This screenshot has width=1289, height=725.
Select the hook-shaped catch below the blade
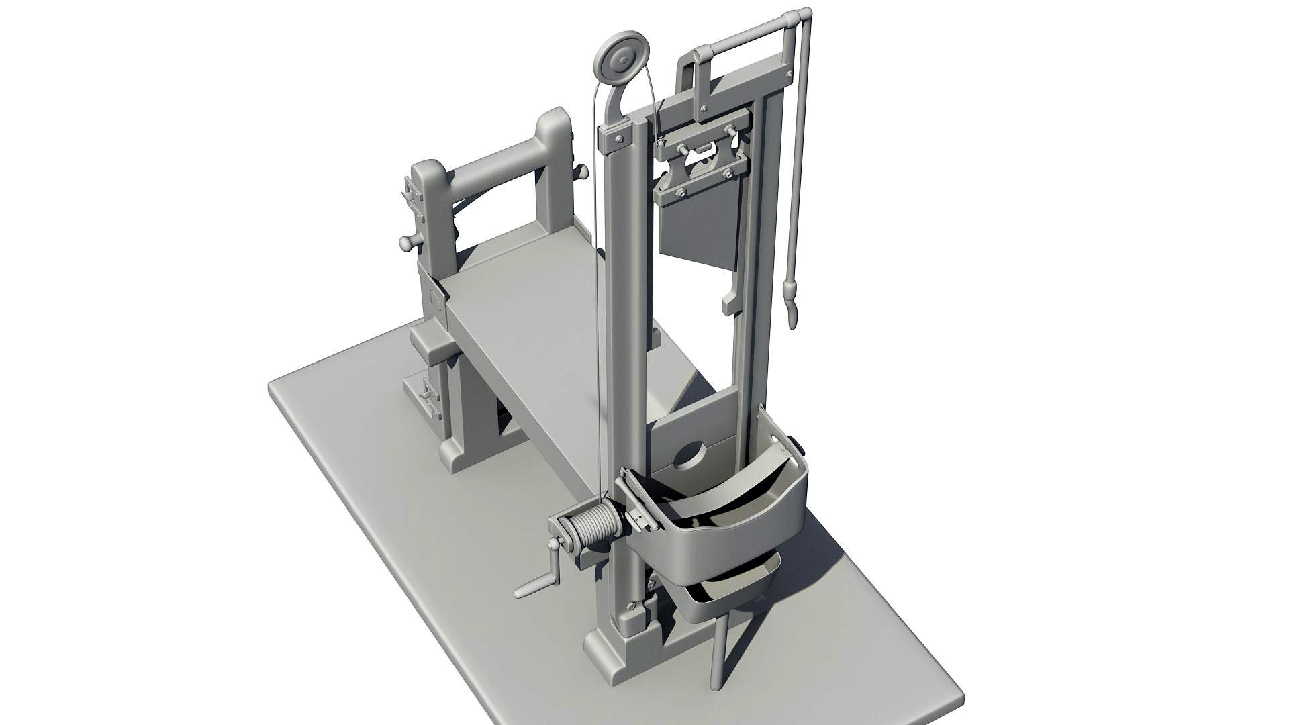pos(730,302)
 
